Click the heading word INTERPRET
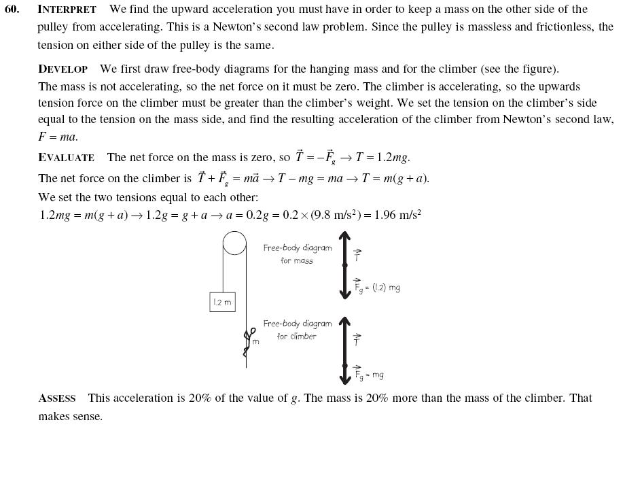[x=67, y=10]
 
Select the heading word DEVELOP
[x=63, y=69]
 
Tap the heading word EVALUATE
[x=66, y=158]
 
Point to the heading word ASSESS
[x=56, y=398]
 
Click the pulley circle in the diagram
[x=234, y=243]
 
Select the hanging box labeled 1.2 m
[x=222, y=303]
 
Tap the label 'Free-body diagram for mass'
[x=298, y=254]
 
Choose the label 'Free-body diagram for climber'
[x=298, y=330]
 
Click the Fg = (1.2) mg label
[x=377, y=287]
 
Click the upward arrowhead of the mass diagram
[x=344, y=237]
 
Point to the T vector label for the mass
[x=357, y=256]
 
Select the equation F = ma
[x=58, y=137]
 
